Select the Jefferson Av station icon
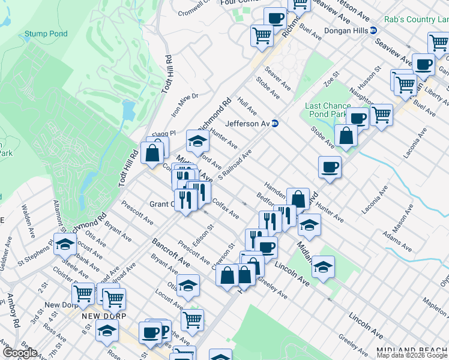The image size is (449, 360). point(275,124)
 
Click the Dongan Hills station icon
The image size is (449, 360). point(373,30)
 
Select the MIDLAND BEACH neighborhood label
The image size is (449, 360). point(412,350)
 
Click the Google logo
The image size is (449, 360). point(19,353)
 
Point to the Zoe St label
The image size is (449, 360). point(331,79)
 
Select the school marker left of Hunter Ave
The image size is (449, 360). point(196,140)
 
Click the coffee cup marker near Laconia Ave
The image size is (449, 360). point(329,167)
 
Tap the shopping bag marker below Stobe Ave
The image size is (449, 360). point(346,136)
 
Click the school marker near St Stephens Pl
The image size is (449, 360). point(65,244)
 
